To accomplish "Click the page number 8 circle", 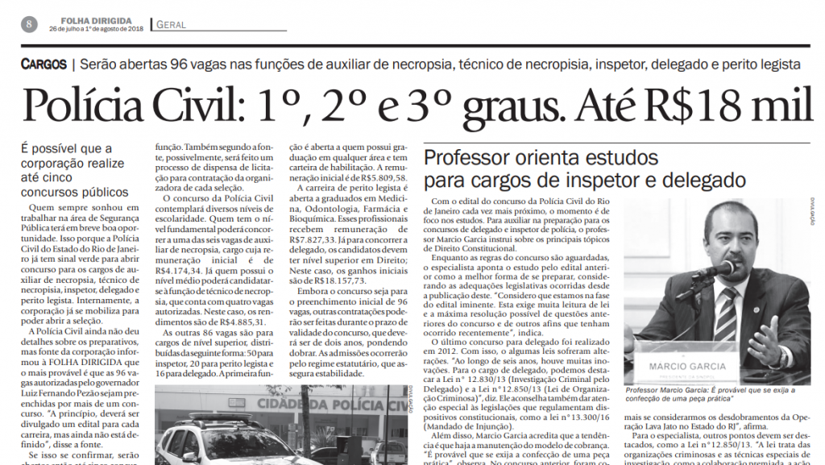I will click(x=27, y=23).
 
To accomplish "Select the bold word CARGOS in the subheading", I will click(x=44, y=64).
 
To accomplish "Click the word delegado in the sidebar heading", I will click(x=701, y=180).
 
